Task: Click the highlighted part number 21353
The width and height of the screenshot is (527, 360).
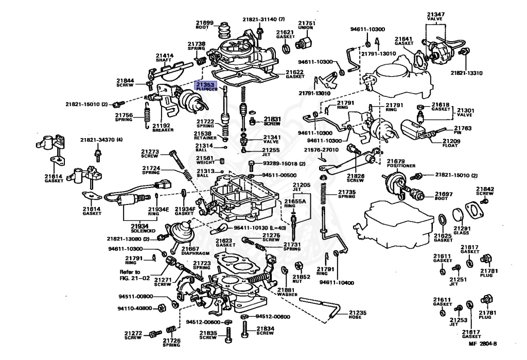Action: pos(206,84)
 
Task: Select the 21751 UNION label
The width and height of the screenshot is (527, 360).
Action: pos(307,23)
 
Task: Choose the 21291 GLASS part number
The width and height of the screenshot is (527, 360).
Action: pos(462,228)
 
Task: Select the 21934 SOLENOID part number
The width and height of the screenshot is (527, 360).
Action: pos(138,226)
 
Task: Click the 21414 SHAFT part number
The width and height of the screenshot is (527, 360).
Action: pos(165,55)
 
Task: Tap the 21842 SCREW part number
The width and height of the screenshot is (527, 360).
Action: pos(485,189)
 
